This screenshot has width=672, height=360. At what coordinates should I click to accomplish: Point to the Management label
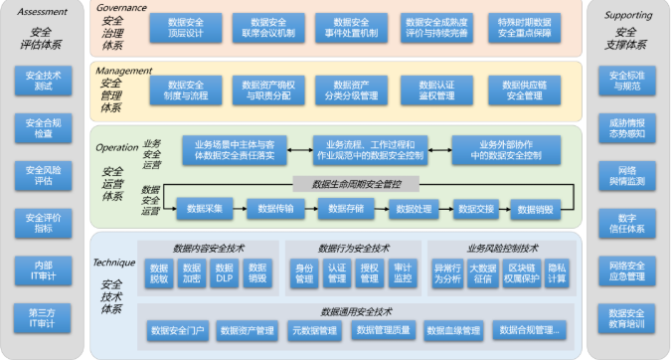[124, 71]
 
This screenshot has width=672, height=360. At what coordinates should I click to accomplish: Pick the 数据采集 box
[205, 208]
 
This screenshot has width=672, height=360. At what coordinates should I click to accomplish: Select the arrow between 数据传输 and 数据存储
[309, 208]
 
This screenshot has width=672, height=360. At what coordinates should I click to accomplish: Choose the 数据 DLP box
[225, 272]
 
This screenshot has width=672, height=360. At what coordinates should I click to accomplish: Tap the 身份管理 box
[304, 272]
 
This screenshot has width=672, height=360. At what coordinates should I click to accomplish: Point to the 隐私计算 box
[557, 272]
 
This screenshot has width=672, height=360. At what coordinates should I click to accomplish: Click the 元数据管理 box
[310, 330]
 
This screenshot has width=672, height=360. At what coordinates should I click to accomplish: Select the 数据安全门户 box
[178, 330]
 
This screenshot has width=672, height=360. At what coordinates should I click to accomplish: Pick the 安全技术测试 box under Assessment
[43, 81]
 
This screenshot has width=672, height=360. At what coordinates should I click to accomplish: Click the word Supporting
[626, 14]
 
